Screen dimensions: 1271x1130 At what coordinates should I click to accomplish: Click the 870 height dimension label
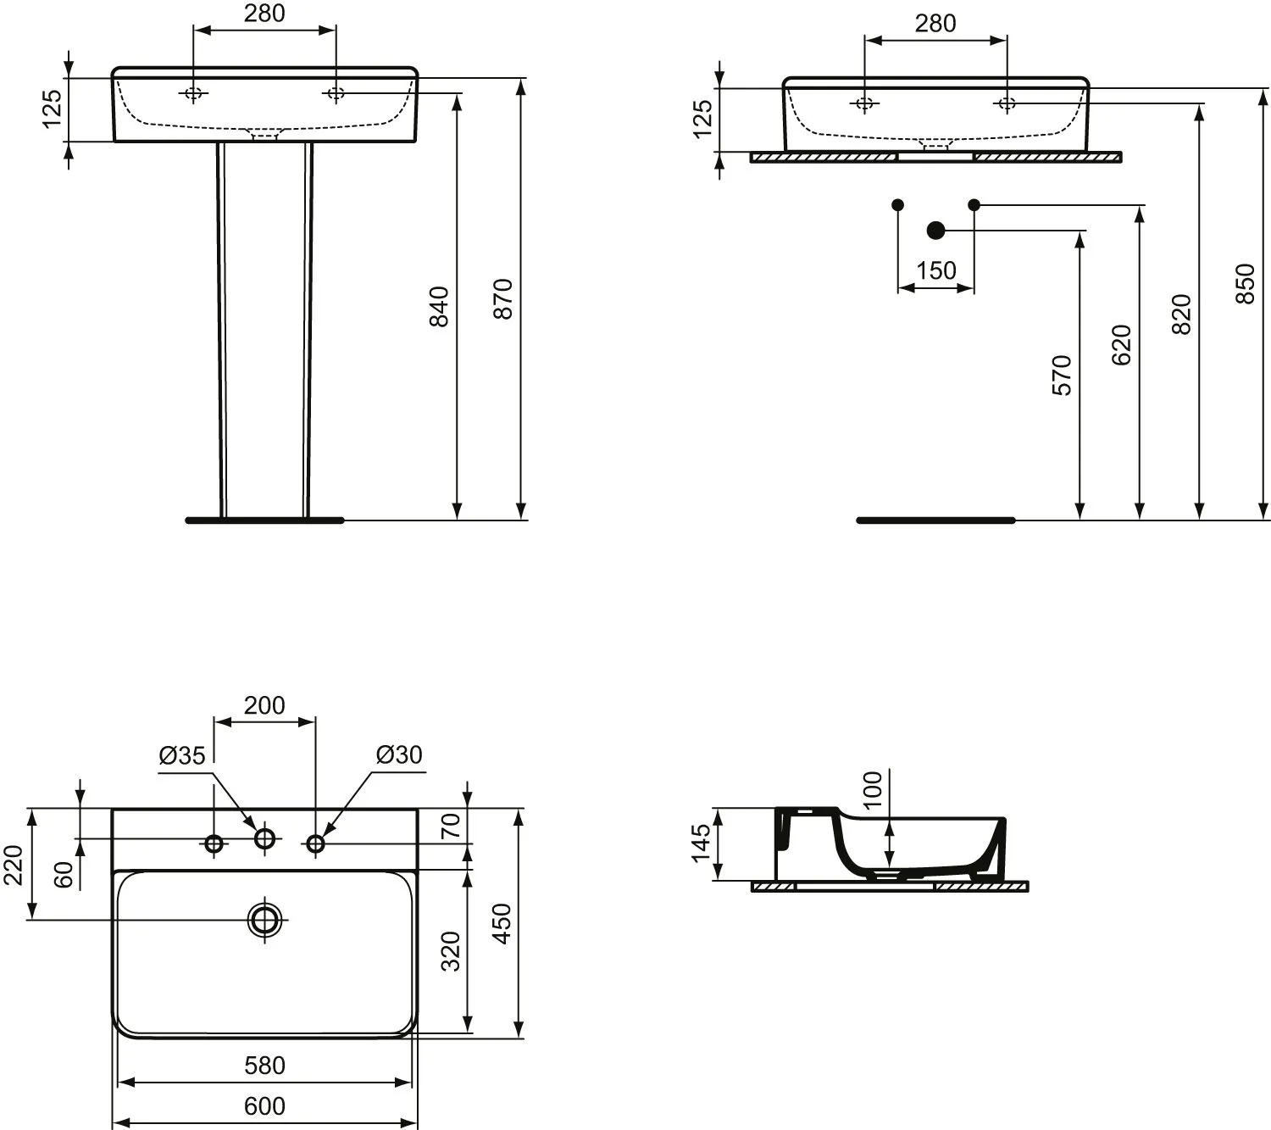point(503,299)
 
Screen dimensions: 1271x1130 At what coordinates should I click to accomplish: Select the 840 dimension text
point(439,306)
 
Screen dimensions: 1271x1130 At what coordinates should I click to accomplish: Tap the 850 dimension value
point(1245,284)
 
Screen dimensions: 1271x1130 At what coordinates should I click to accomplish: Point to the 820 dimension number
point(1180,314)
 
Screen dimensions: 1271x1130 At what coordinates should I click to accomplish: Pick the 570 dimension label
point(1062,376)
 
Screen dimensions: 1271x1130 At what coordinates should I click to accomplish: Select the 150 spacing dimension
point(936,270)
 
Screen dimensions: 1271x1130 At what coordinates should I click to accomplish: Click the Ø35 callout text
point(182,756)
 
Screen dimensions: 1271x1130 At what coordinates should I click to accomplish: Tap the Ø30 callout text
point(399,754)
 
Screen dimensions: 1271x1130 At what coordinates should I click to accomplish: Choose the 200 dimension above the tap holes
point(264,705)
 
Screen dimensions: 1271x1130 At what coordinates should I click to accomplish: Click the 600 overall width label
point(264,1106)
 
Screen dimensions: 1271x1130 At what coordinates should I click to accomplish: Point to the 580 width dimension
point(264,1066)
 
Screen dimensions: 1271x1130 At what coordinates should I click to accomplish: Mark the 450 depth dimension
point(502,923)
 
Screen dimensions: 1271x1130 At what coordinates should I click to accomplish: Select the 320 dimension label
point(451,952)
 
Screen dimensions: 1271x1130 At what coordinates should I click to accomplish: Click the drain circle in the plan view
point(264,921)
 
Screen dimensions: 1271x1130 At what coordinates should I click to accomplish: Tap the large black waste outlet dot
point(935,231)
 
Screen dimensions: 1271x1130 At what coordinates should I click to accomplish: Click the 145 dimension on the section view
point(701,843)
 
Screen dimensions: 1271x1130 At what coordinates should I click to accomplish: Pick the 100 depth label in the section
point(872,789)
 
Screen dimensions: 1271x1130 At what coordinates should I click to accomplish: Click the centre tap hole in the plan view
point(264,838)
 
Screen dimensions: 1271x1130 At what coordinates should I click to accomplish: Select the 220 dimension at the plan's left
point(14,865)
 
